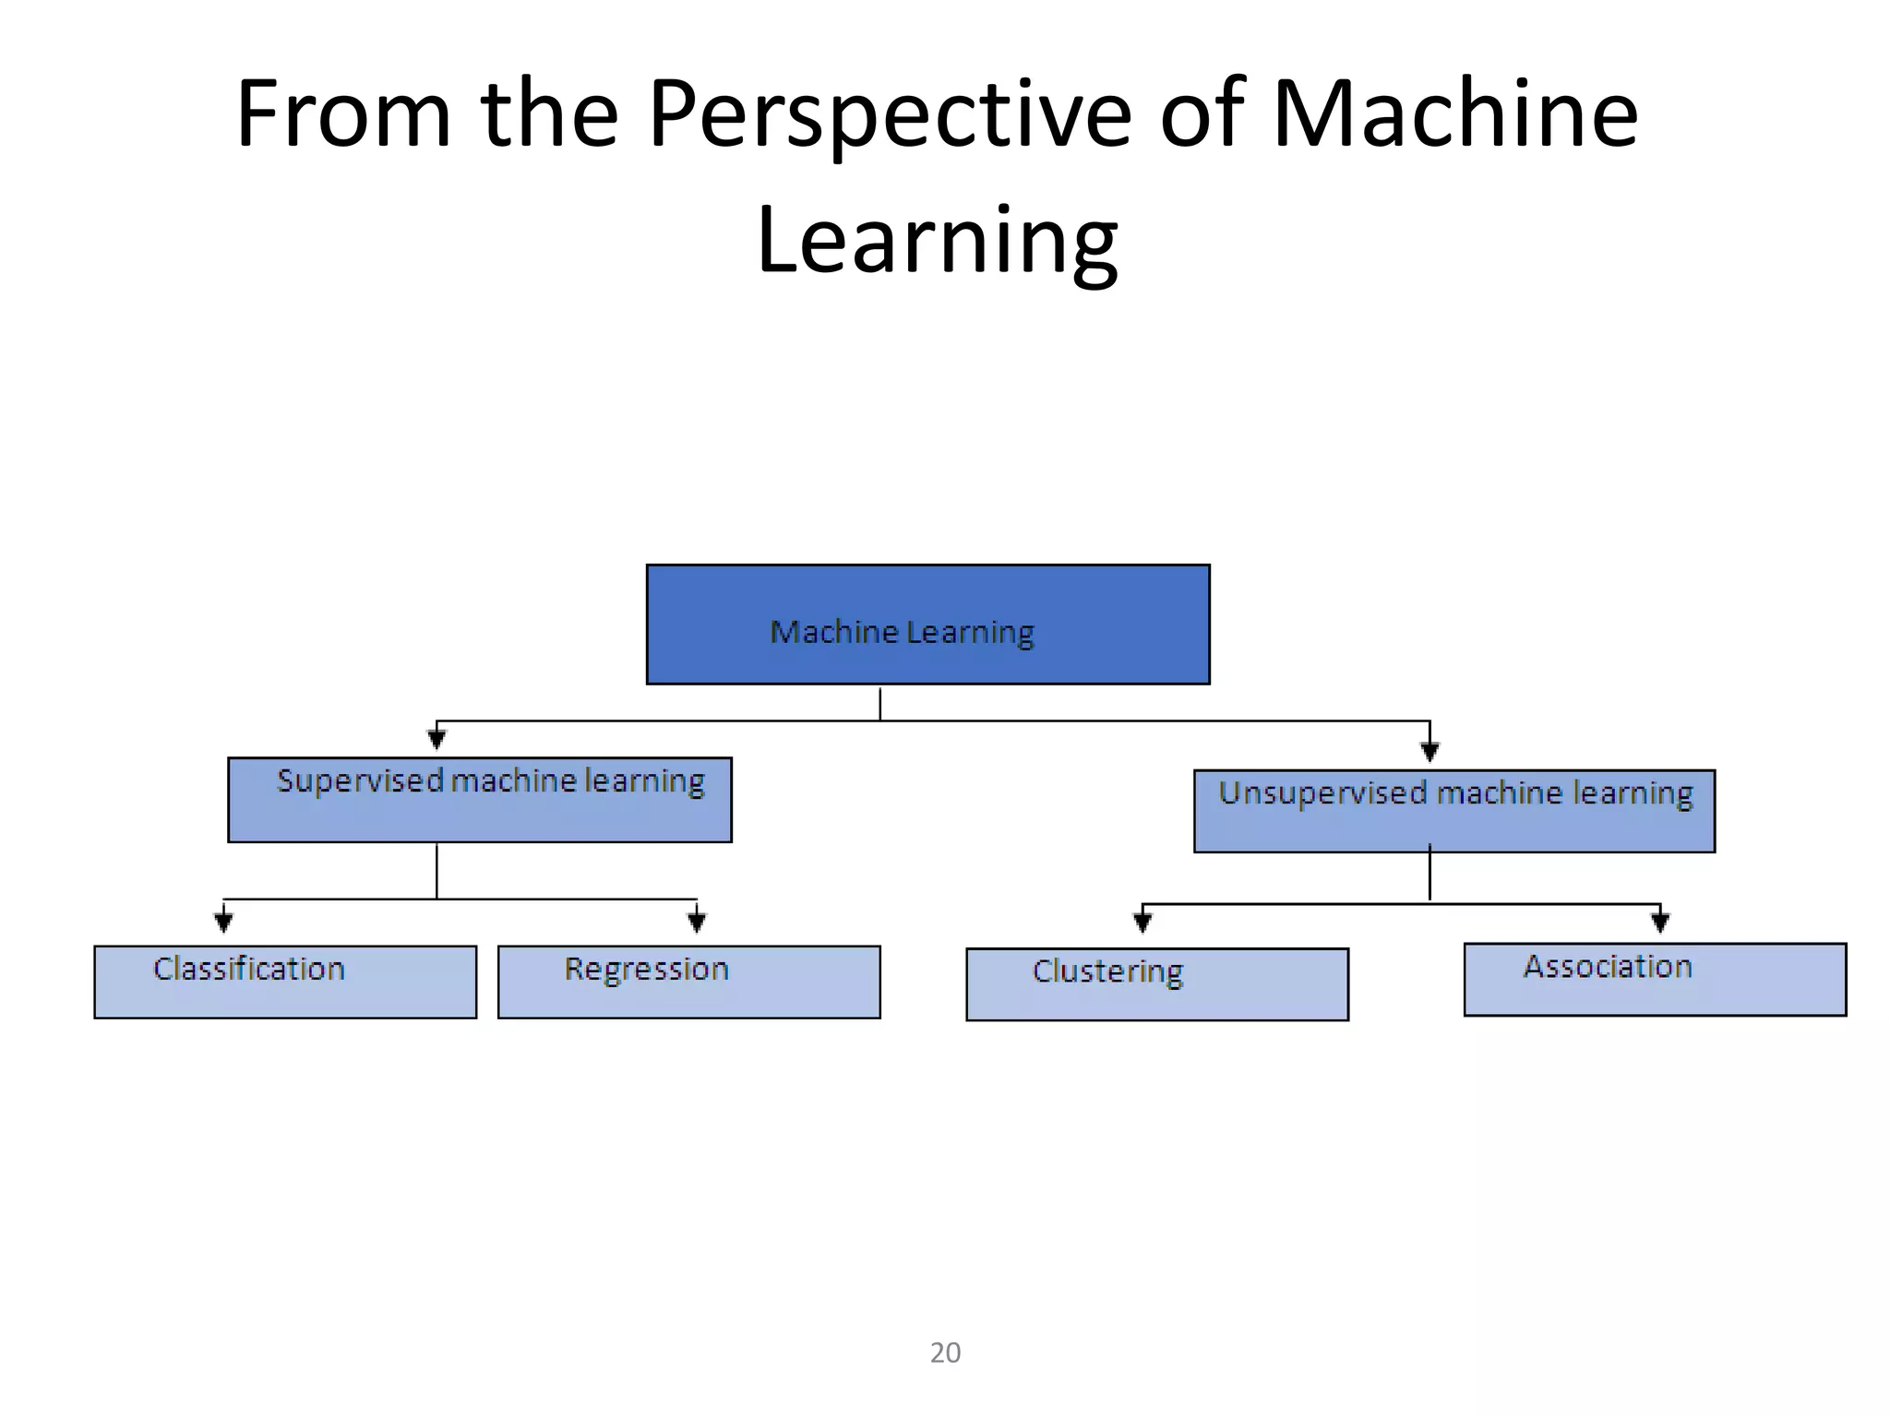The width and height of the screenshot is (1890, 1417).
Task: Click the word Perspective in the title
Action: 889,115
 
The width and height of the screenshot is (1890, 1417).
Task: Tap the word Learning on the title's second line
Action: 937,240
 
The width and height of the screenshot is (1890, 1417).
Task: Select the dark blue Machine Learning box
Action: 927,625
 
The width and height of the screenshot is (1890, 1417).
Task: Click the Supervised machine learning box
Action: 479,800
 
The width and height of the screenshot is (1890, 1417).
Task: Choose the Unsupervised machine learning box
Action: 1453,811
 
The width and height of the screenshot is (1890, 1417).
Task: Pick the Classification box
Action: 285,982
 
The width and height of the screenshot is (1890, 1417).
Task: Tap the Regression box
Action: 688,982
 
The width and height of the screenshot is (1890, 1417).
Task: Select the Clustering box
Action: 1156,984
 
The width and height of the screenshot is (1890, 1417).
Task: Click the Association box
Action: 1655,979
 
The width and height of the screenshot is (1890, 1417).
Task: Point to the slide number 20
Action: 945,1352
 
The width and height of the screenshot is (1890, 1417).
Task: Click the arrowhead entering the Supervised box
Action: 437,739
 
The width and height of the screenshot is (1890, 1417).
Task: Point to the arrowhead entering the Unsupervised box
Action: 1429,751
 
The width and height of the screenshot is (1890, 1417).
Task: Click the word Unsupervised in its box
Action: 1322,793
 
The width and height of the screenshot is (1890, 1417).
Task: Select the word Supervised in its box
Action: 360,781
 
